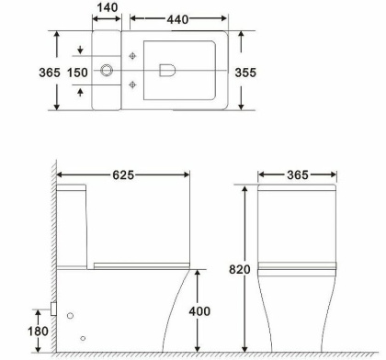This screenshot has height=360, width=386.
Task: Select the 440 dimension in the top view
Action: pyautogui.click(x=178, y=18)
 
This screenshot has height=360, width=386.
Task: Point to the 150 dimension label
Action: pyautogui.click(x=78, y=71)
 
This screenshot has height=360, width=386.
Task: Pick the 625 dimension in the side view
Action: pyautogui.click(x=123, y=174)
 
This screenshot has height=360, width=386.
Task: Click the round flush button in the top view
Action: pyautogui.click(x=108, y=70)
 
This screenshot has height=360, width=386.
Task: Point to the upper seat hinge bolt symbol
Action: pyautogui.click(x=134, y=56)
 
